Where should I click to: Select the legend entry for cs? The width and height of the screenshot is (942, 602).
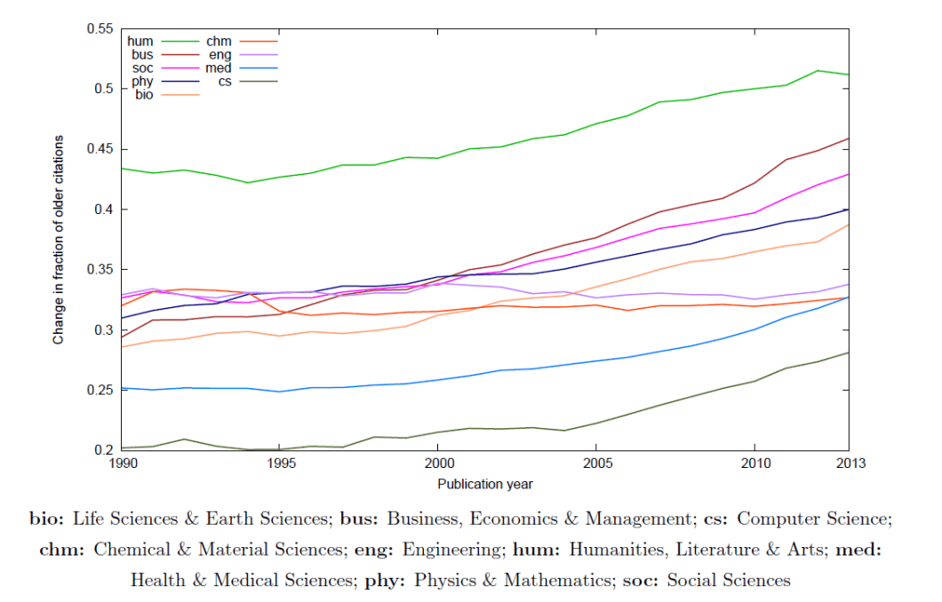click(x=240, y=82)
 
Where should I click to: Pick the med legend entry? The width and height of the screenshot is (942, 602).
click(x=240, y=68)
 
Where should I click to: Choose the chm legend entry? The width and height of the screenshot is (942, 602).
click(x=240, y=41)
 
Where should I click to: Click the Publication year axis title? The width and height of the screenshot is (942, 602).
click(x=485, y=484)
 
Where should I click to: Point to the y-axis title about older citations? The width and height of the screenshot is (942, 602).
click(x=59, y=240)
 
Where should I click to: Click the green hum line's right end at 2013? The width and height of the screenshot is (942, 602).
click(x=849, y=75)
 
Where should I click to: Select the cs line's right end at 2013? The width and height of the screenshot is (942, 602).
click(x=849, y=352)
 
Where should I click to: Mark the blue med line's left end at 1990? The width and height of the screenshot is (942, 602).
click(x=123, y=388)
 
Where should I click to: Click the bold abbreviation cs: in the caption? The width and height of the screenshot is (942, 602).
click(x=713, y=519)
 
